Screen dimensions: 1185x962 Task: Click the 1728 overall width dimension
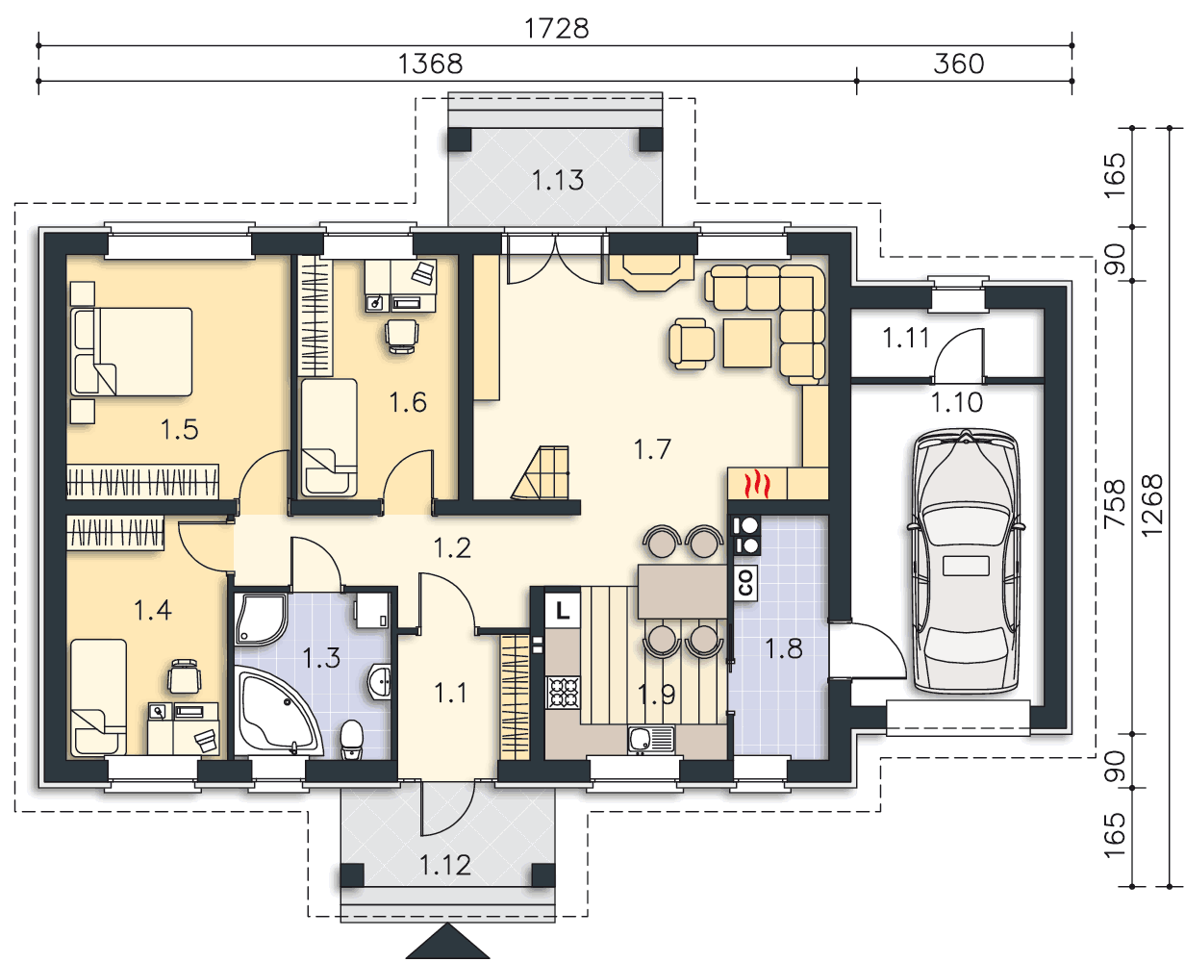click(556, 28)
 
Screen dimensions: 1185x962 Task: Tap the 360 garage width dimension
click(958, 64)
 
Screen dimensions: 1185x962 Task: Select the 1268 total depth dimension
click(1151, 505)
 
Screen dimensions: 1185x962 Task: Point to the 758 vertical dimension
click(1114, 504)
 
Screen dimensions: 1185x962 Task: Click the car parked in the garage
click(966, 562)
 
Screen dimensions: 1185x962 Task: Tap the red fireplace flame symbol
click(757, 484)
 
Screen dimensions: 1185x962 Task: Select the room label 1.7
click(652, 449)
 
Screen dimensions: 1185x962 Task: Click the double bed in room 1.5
click(132, 352)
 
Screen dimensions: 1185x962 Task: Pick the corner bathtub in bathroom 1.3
click(275, 713)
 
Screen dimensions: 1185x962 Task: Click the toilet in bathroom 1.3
click(351, 739)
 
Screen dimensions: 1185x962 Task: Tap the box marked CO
click(745, 583)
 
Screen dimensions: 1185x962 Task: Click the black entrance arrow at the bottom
click(447, 942)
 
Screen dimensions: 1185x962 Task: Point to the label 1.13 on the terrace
click(558, 180)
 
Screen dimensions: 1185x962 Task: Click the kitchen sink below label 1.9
click(651, 740)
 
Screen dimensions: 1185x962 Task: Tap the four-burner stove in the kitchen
click(563, 692)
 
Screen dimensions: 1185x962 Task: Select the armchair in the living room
click(692, 343)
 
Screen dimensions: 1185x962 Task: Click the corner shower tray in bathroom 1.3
click(261, 620)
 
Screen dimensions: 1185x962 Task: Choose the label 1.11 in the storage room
click(906, 338)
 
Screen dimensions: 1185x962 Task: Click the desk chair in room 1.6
click(401, 336)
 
